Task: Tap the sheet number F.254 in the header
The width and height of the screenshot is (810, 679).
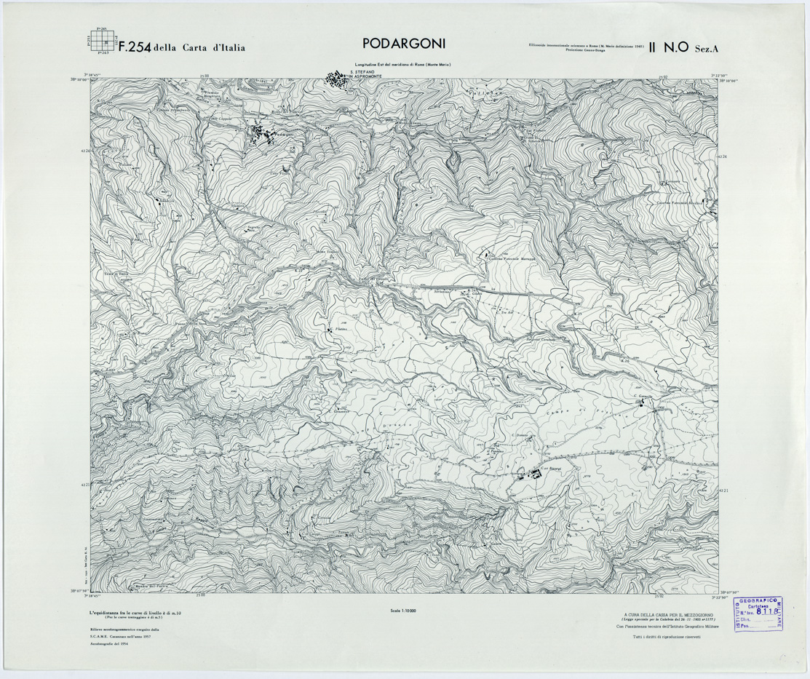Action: [134, 48]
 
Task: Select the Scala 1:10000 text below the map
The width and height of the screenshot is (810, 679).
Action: [405, 610]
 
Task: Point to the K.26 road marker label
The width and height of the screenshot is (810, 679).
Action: [624, 360]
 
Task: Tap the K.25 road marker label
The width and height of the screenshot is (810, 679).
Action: [579, 314]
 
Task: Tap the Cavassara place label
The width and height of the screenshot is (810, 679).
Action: [669, 181]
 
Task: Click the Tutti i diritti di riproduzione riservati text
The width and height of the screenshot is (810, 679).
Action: [666, 637]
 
